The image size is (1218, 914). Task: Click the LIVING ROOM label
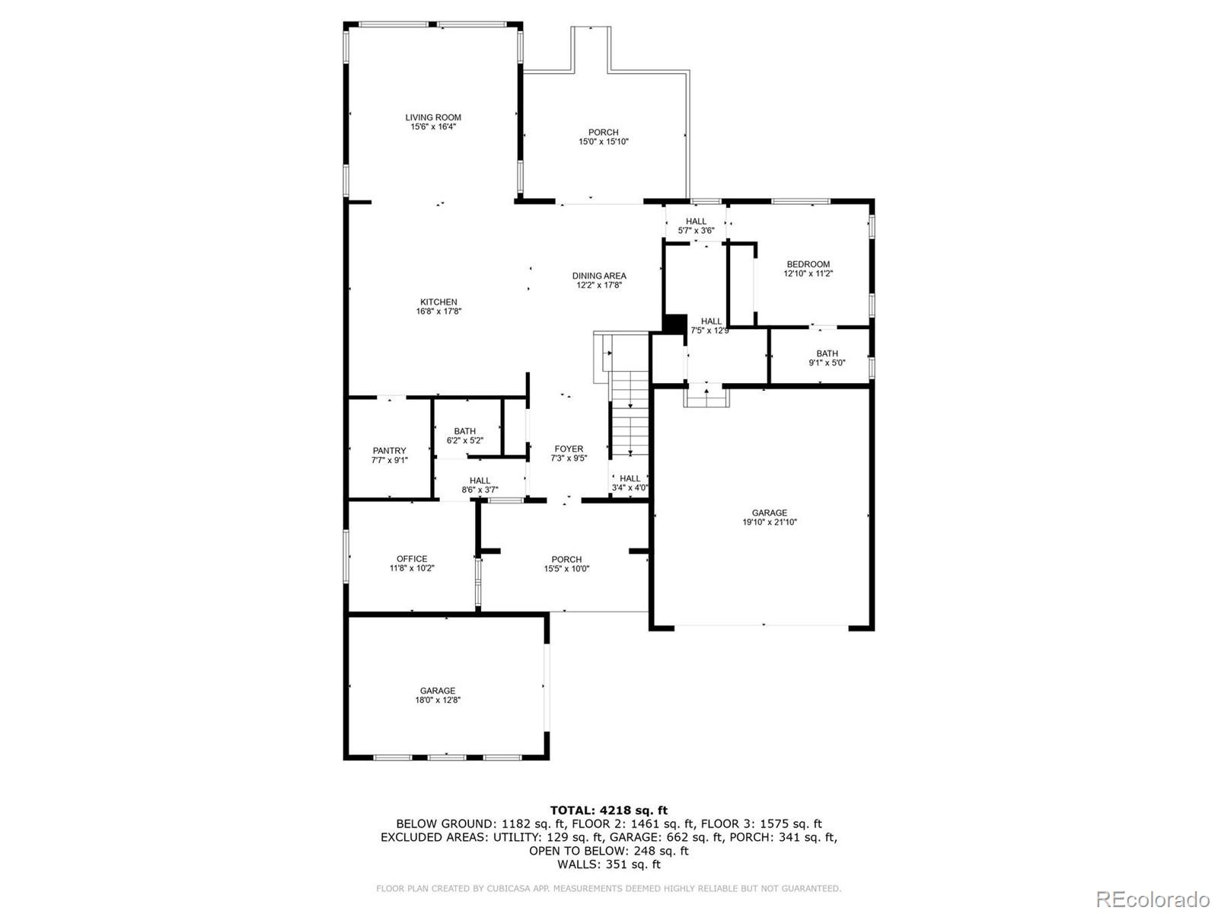coord(432,117)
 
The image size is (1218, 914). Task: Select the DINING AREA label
coord(599,276)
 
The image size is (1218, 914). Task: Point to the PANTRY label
coord(389,451)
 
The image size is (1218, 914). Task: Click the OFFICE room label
coord(412,558)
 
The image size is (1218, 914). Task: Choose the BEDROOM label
coord(808,264)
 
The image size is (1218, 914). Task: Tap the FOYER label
coord(569,449)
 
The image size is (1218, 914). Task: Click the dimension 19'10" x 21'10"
coord(770,523)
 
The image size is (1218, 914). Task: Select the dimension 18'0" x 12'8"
coord(438,700)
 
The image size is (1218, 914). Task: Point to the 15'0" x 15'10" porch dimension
coord(603,142)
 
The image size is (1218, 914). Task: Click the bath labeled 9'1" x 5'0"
coord(827,358)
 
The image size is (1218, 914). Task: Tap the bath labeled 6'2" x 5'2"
coord(464,436)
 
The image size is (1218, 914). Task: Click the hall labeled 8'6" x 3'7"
coord(480,485)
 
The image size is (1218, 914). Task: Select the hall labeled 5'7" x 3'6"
coord(696,225)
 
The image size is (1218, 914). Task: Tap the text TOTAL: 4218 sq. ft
coord(608,810)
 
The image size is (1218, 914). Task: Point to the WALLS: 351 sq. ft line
coord(608,864)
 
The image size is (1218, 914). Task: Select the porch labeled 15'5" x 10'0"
coord(566,564)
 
